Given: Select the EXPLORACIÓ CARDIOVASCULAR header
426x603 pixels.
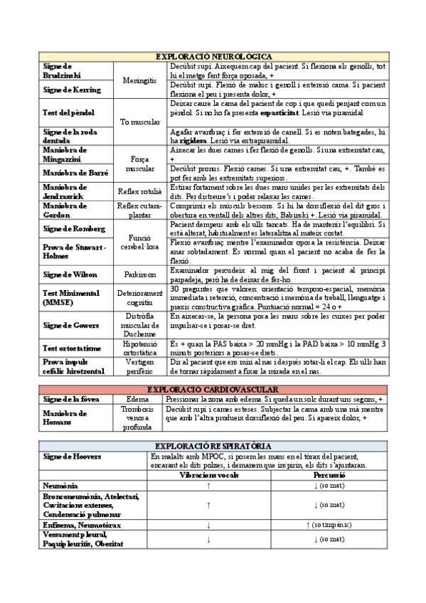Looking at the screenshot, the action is pyautogui.click(x=213, y=390).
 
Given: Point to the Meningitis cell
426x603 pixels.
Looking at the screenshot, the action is pyautogui.click(x=139, y=80).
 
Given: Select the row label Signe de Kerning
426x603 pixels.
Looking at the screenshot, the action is pyautogui.click(x=72, y=90).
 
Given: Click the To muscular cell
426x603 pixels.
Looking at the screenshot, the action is pyautogui.click(x=140, y=122).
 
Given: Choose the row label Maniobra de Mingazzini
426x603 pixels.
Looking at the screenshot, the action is pyautogui.click(x=65, y=154).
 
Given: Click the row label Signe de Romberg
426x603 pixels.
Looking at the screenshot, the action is pyautogui.click(x=74, y=228).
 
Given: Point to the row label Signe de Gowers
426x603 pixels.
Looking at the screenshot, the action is pyautogui.click(x=70, y=325).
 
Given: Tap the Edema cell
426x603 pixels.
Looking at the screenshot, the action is pyautogui.click(x=137, y=400).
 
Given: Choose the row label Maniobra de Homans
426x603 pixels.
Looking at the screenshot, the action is pyautogui.click(x=64, y=418).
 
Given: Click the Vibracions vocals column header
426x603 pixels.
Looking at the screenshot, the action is pyautogui.click(x=209, y=474).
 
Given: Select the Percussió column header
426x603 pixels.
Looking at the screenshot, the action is pyautogui.click(x=329, y=474).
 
